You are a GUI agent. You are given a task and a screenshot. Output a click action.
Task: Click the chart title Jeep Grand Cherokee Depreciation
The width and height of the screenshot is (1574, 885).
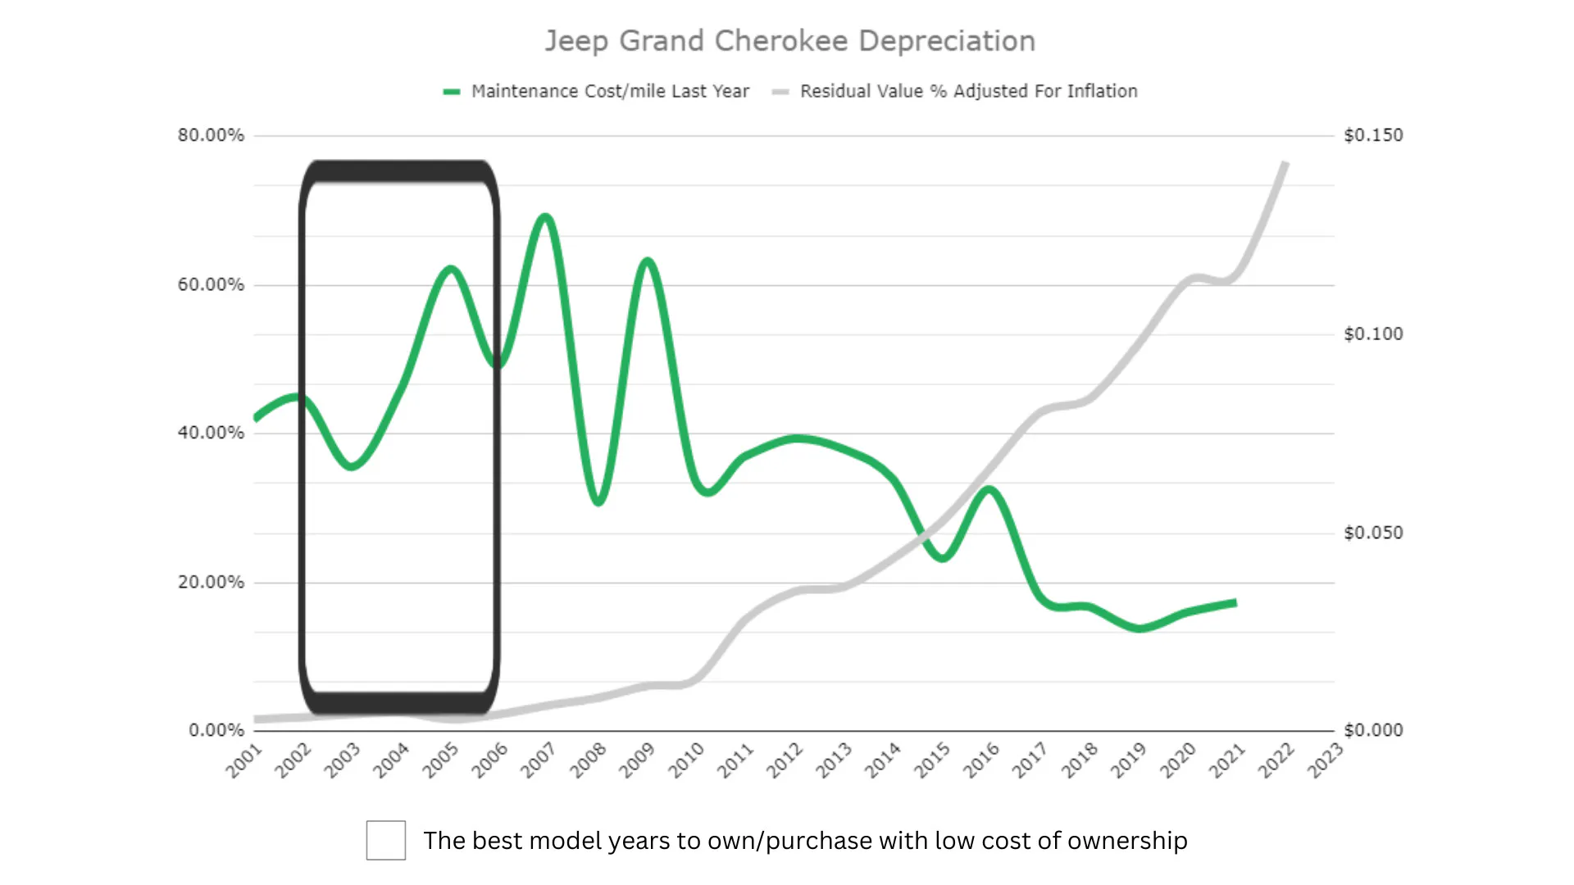pos(790,41)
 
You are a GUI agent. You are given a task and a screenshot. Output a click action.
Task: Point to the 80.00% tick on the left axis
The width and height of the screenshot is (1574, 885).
pos(211,135)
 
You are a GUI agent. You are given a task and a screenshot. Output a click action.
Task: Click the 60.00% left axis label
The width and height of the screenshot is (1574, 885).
pos(211,285)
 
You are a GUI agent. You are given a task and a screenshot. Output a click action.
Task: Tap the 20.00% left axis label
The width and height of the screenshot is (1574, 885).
pos(211,583)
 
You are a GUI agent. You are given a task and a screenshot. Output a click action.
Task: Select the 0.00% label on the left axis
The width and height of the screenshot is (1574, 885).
pos(216,730)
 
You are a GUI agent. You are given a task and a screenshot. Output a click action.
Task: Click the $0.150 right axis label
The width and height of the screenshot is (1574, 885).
pos(1373,135)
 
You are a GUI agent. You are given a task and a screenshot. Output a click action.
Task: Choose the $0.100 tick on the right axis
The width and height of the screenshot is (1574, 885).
pos(1373,334)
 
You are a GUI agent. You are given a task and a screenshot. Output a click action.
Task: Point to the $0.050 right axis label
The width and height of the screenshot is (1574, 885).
pos(1373,533)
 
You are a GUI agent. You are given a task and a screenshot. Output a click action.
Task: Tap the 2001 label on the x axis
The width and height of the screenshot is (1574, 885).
pos(244,760)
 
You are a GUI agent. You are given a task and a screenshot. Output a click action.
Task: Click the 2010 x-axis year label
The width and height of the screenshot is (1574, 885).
pos(686,760)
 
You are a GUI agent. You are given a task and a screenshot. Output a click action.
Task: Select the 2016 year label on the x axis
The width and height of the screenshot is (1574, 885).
pos(981,760)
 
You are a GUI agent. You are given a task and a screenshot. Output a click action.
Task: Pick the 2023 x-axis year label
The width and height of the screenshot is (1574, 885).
pos(1326,760)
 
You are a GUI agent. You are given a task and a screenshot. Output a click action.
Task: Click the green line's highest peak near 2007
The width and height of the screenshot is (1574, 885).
pos(546,217)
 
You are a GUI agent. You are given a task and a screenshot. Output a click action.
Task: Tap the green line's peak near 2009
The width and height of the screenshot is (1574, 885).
pos(648,262)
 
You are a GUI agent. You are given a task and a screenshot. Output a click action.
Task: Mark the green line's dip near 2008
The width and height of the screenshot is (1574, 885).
pos(598,501)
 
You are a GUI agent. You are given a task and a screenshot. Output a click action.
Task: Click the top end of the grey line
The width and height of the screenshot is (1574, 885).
pos(1285,164)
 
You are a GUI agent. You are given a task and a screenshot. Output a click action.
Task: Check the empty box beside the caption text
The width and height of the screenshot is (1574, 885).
pos(386,840)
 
